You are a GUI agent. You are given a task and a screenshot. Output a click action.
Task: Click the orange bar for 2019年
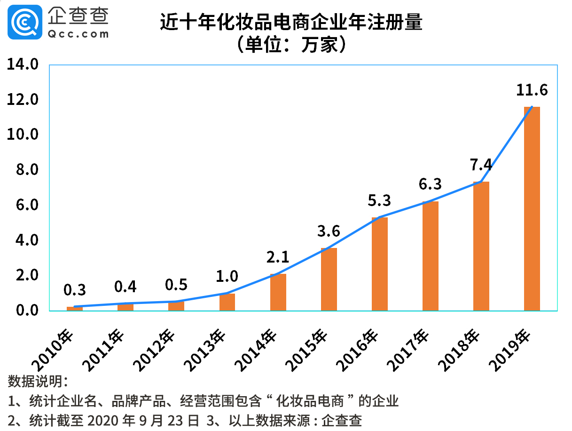[x=532, y=209]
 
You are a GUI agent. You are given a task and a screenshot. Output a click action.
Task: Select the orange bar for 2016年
[x=379, y=264]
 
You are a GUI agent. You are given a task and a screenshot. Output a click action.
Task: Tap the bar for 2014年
[x=278, y=292]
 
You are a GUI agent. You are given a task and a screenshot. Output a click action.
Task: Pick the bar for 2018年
[x=481, y=246]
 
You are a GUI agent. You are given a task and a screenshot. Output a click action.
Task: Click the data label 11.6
[x=532, y=90]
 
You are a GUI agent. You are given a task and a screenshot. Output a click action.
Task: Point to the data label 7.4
[x=481, y=165]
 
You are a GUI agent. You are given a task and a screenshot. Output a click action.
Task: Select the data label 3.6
[x=329, y=231]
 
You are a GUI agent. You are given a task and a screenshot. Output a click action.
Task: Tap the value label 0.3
[x=75, y=290]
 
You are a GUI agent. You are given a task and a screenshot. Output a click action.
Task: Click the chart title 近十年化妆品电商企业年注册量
[x=291, y=22]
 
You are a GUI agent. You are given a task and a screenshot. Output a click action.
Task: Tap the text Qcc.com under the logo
[x=78, y=34]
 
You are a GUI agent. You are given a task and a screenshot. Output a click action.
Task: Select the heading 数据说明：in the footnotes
[x=38, y=381]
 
